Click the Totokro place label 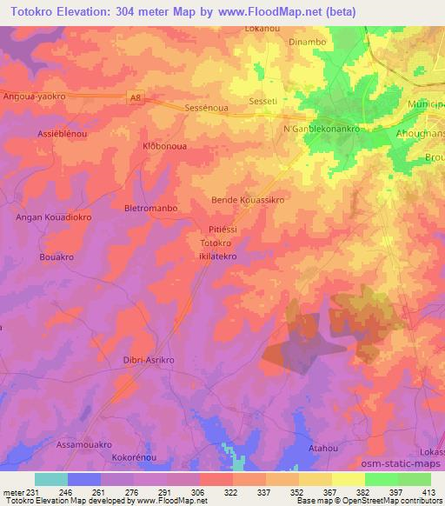point(216,243)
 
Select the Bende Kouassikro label point(249,199)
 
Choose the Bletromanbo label point(151,209)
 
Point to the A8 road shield point(136,99)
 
